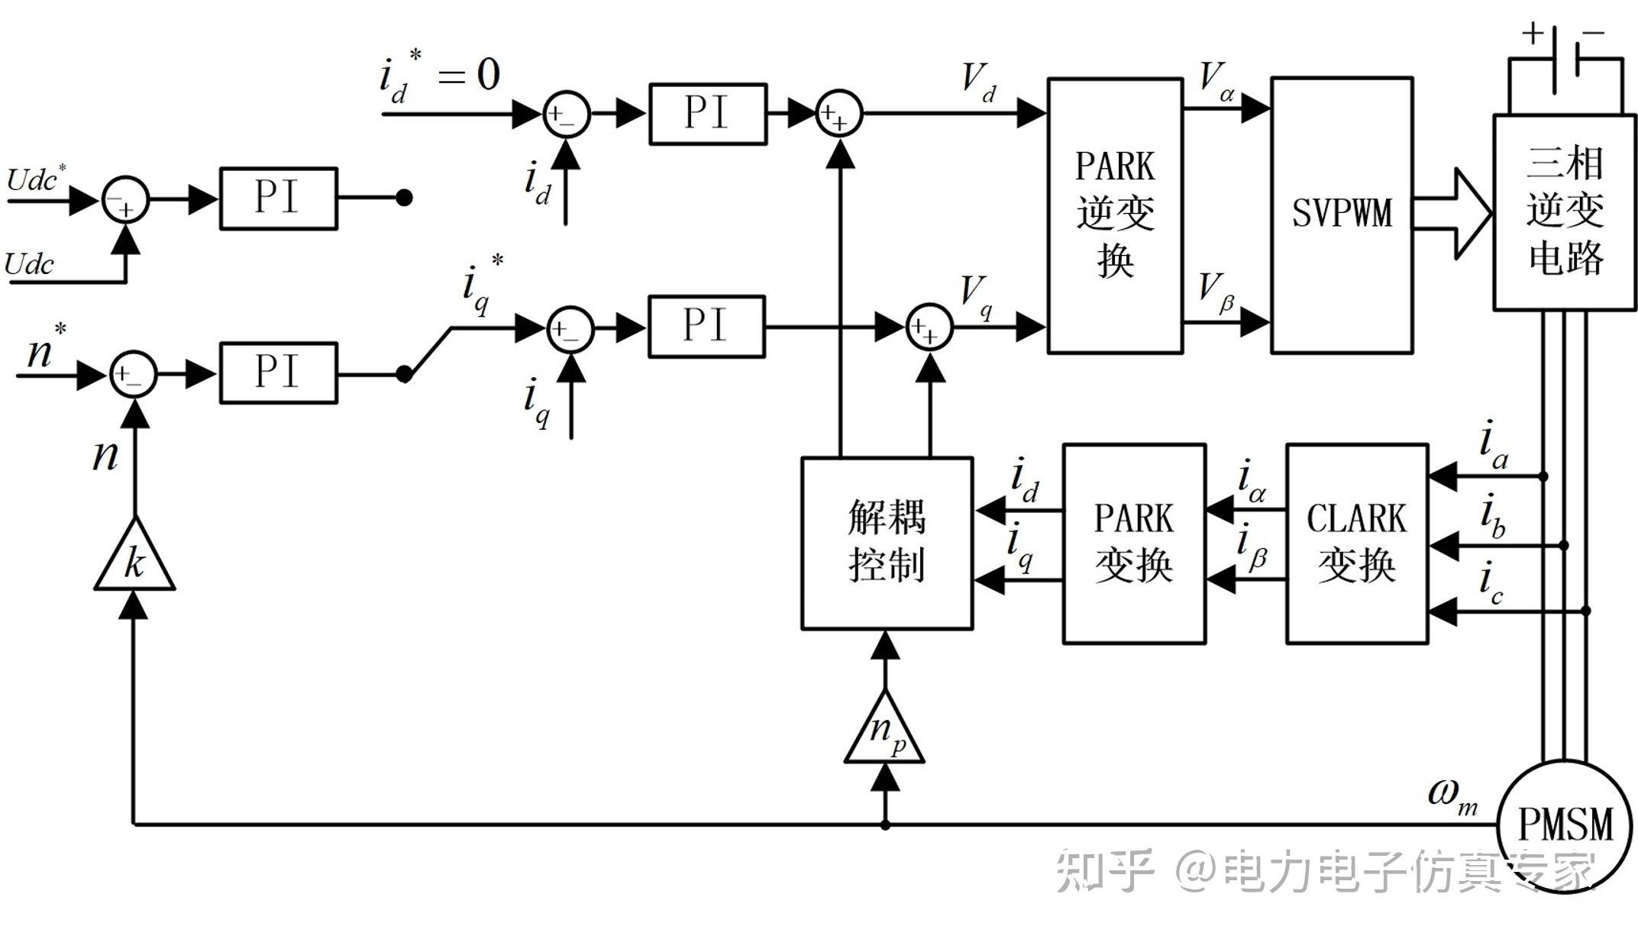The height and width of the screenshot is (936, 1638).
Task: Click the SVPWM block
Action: (1342, 215)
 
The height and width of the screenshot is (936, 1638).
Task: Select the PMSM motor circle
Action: (1564, 825)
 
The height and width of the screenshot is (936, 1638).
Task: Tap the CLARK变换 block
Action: (1356, 544)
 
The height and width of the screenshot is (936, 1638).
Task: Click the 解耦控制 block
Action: (887, 544)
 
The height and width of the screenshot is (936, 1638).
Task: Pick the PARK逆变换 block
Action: (1115, 215)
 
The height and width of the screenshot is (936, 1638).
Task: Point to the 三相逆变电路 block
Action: (1564, 212)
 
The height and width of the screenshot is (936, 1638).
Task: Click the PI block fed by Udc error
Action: (278, 198)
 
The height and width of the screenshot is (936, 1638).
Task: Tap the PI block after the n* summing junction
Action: (278, 373)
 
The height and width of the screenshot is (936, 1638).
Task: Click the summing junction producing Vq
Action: (929, 328)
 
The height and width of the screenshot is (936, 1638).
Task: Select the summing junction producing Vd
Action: (839, 114)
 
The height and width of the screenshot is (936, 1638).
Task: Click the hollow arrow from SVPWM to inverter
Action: (1451, 214)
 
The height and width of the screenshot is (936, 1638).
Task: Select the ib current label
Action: (1491, 516)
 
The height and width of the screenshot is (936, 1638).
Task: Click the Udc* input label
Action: (35, 180)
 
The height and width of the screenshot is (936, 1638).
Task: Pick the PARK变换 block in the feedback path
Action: (1133, 544)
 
